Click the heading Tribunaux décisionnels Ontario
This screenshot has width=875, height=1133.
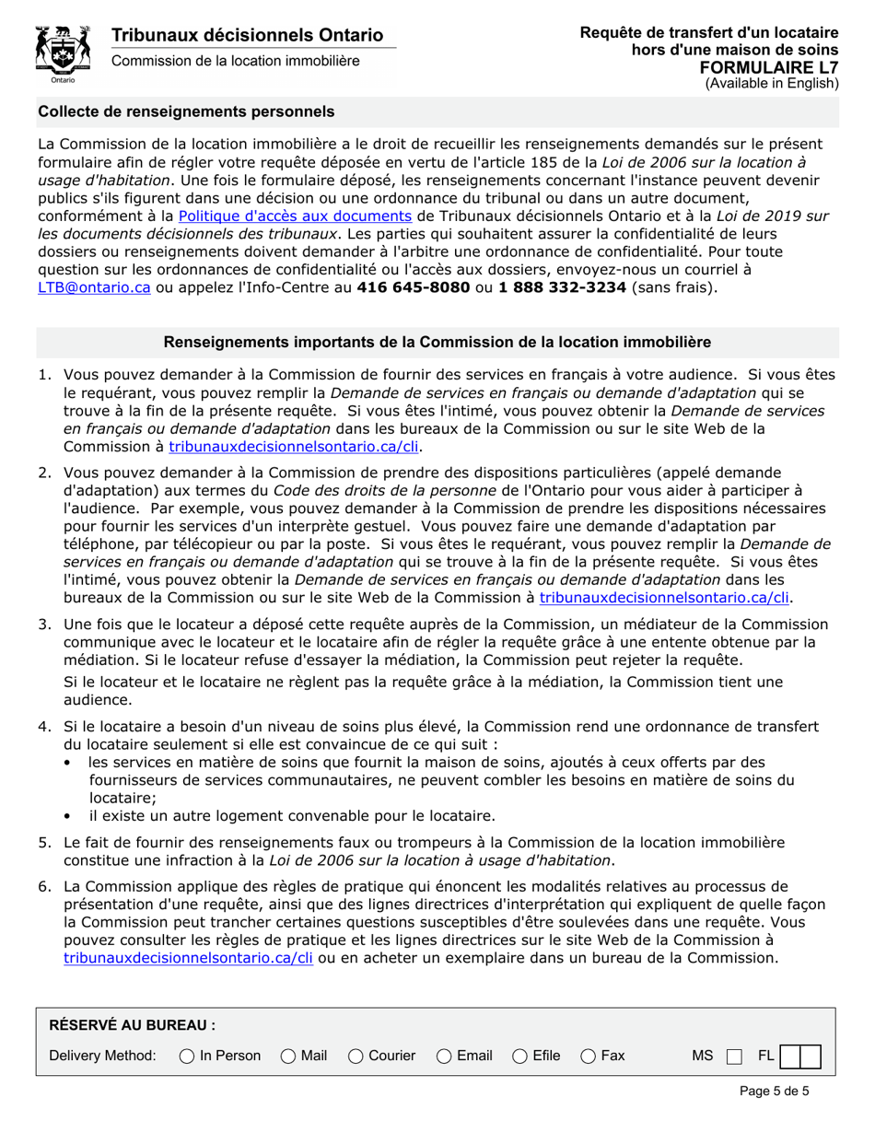[247, 35]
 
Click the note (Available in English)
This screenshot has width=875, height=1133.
[772, 83]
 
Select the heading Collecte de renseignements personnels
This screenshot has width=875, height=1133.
[186, 111]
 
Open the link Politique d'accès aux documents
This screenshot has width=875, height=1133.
[294, 216]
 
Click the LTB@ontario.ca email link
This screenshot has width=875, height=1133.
[93, 286]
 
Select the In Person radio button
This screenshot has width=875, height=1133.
[186, 1055]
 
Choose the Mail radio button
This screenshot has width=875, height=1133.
[287, 1055]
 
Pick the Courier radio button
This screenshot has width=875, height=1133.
[356, 1055]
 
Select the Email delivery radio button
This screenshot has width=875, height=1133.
[443, 1055]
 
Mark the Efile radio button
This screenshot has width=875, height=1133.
[519, 1055]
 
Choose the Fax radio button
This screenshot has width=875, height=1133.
[587, 1055]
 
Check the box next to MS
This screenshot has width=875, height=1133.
[734, 1056]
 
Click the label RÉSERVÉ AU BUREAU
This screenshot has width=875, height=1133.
[132, 1024]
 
